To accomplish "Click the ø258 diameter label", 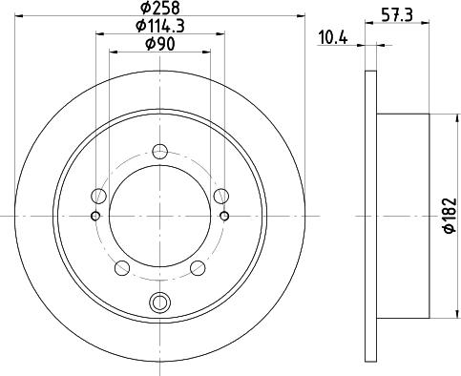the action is (x=160, y=8).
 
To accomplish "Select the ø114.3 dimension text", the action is (x=160, y=26).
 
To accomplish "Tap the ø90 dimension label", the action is (x=160, y=44).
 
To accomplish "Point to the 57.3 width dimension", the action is (x=397, y=14).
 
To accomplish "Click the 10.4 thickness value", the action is (x=333, y=38).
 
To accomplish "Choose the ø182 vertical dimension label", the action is (x=451, y=216).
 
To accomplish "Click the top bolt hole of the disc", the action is (x=160, y=152).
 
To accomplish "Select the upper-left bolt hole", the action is (x=98, y=196).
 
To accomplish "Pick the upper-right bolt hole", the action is (x=221, y=196).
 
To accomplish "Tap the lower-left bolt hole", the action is (x=122, y=268).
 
